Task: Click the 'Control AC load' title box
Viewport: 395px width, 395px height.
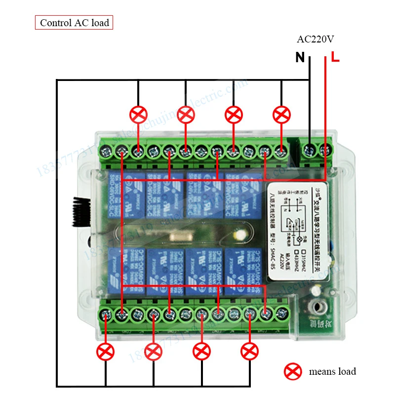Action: click(x=74, y=23)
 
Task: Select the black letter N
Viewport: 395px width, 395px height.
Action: click(x=300, y=58)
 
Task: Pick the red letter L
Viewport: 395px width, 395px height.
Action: click(x=335, y=57)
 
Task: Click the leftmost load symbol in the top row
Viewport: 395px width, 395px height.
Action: click(x=138, y=115)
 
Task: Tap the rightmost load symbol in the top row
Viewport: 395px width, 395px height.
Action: click(x=281, y=115)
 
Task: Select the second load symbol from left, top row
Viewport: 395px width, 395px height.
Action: click(x=186, y=115)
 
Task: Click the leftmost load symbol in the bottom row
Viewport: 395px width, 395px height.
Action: click(x=106, y=352)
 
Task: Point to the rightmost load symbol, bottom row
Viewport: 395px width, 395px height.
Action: click(x=249, y=352)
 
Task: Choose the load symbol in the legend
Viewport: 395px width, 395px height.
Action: click(x=293, y=371)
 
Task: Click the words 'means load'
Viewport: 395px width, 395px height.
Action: click(x=332, y=371)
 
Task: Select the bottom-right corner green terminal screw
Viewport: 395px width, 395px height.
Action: click(x=282, y=313)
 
